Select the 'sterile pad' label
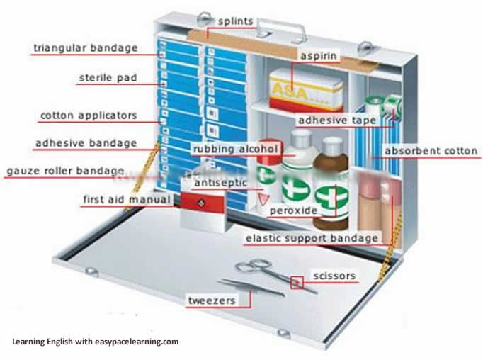107,77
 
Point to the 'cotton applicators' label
89,115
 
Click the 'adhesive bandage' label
86,142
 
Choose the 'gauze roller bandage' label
65,171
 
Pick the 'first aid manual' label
127,199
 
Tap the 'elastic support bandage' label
311,238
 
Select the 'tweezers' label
210,300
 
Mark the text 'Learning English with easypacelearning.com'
95,342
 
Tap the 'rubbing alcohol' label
236,149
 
